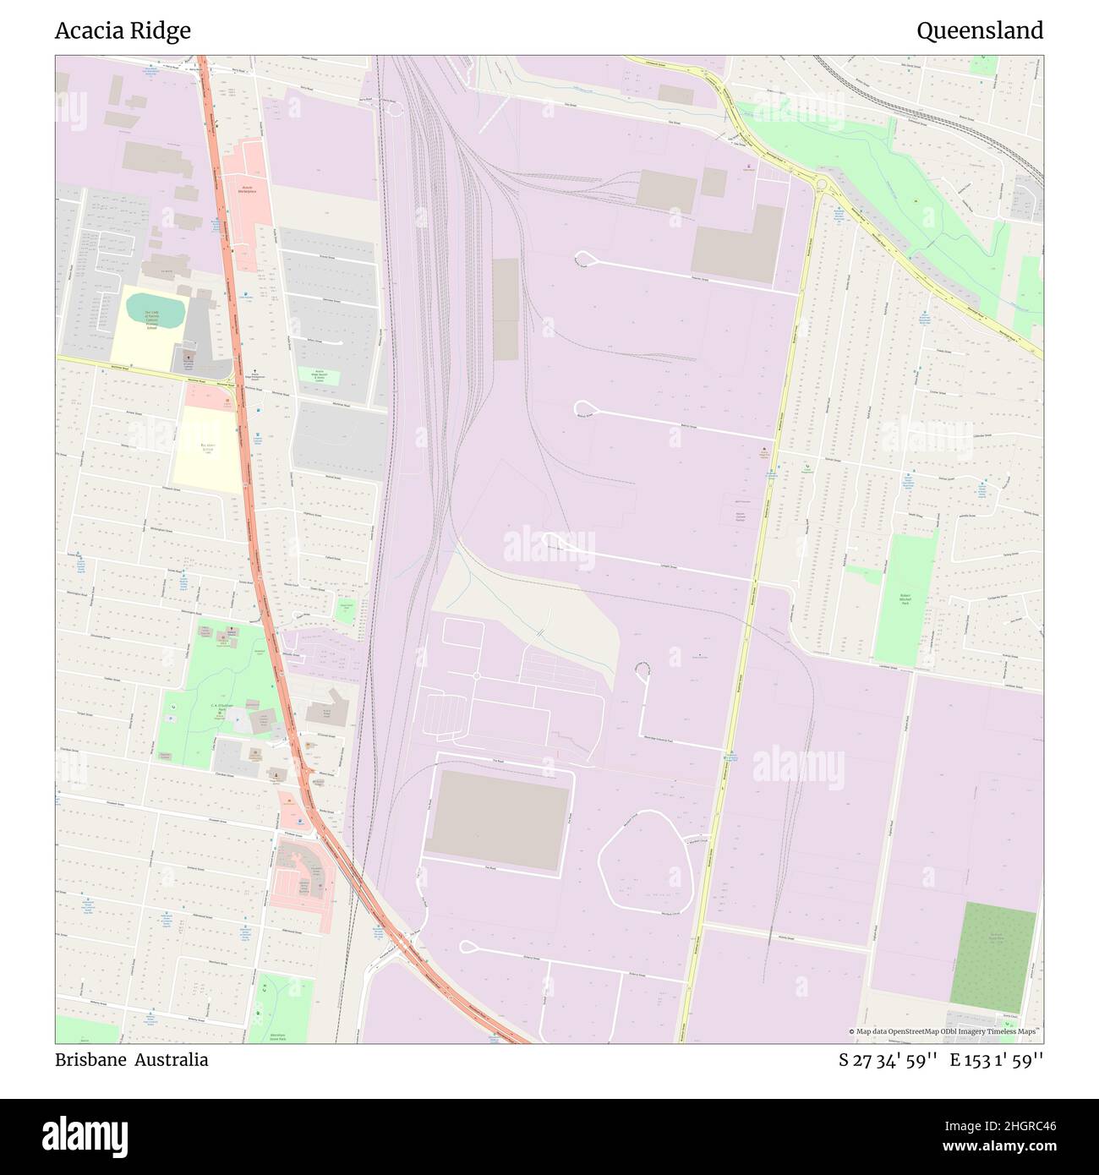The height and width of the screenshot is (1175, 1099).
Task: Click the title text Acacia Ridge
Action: click(123, 31)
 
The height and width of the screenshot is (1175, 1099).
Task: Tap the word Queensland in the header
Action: click(979, 31)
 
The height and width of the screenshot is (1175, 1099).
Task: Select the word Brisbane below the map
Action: click(90, 1060)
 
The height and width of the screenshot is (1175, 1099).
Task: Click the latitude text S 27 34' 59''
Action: click(887, 1060)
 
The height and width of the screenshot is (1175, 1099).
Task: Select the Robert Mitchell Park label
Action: click(905, 599)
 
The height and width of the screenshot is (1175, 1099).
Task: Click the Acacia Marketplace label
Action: click(244, 189)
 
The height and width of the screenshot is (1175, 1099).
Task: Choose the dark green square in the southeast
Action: click(992, 956)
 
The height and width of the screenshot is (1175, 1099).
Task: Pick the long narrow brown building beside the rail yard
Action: click(505, 309)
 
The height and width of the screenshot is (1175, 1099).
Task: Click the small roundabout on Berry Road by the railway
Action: click(393, 108)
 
